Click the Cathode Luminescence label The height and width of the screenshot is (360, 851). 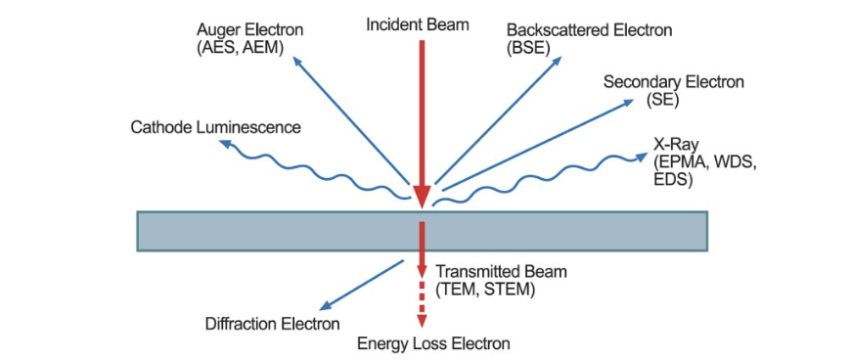click(215, 127)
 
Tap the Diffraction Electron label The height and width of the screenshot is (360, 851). click(272, 324)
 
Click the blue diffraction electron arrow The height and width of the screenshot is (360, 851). click(363, 283)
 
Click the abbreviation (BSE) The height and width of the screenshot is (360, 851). click(528, 46)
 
